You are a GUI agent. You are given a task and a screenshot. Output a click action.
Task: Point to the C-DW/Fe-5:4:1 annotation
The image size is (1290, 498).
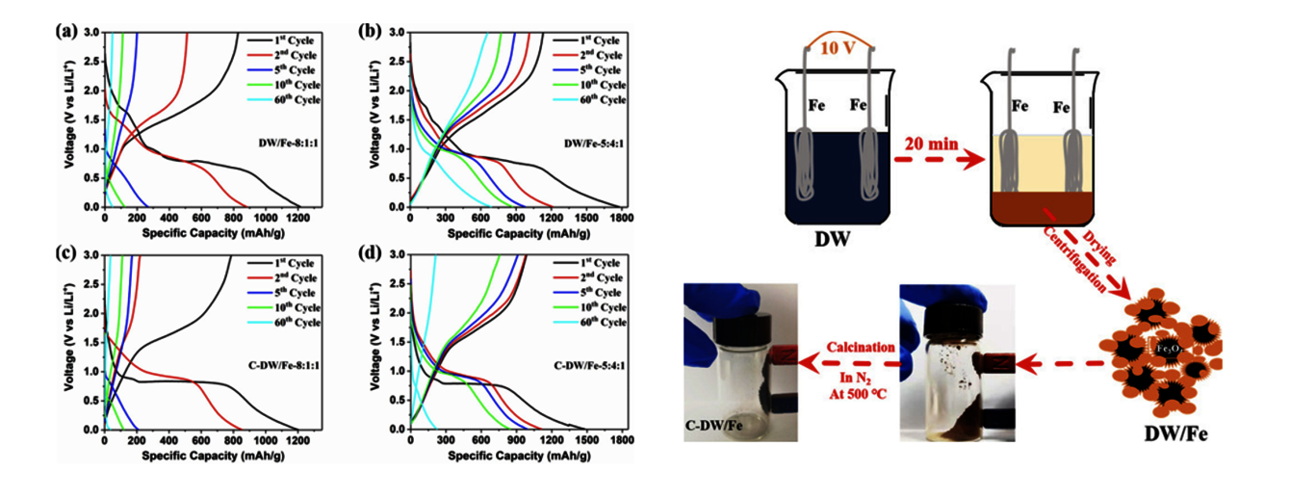pos(588,365)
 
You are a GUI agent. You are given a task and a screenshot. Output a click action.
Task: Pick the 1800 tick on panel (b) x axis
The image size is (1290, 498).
pos(621,218)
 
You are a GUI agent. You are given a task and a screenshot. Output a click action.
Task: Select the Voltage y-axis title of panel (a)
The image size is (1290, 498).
pos(70,121)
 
